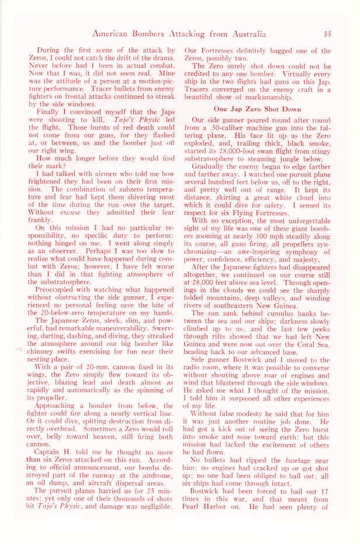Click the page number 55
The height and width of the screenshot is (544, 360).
(x=328, y=34)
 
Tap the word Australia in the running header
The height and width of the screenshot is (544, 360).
(x=245, y=34)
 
